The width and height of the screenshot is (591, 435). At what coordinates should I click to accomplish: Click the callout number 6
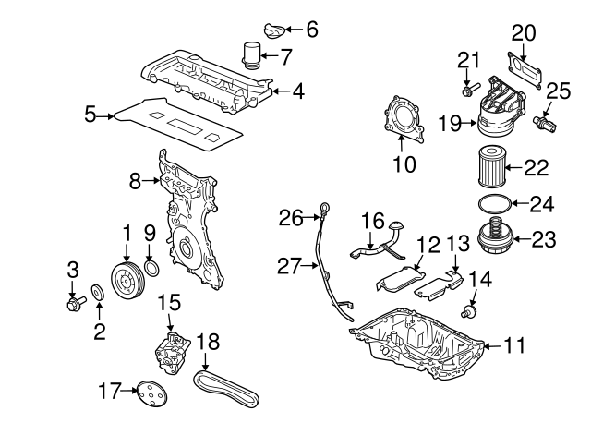click(x=311, y=30)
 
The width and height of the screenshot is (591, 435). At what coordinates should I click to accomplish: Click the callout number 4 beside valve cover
click(x=298, y=91)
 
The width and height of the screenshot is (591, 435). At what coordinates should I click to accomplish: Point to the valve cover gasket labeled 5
click(x=175, y=120)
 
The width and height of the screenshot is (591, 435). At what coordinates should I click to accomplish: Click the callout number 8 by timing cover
click(x=136, y=181)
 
